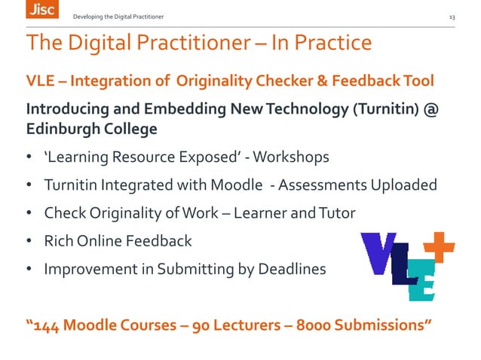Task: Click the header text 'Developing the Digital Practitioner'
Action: click(117, 17)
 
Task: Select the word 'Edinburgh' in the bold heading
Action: click(66, 129)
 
